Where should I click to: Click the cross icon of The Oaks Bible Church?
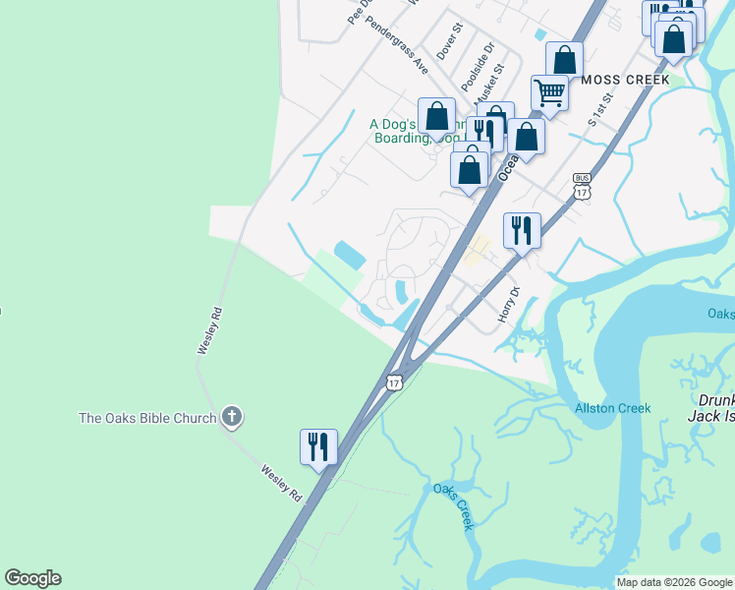click(232, 418)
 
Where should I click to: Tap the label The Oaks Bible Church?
click(147, 418)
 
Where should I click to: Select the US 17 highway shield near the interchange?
click(395, 381)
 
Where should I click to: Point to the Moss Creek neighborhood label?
click(625, 79)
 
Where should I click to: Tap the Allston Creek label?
click(612, 408)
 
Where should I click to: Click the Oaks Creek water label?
click(454, 505)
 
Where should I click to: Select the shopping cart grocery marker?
click(550, 93)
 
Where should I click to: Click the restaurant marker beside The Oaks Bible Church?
click(319, 447)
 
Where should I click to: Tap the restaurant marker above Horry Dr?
click(522, 231)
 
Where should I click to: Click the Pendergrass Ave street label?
click(397, 45)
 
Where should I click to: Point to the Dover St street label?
click(448, 42)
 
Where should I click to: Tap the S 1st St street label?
click(599, 110)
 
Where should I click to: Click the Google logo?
click(32, 578)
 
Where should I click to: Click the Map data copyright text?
click(674, 582)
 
